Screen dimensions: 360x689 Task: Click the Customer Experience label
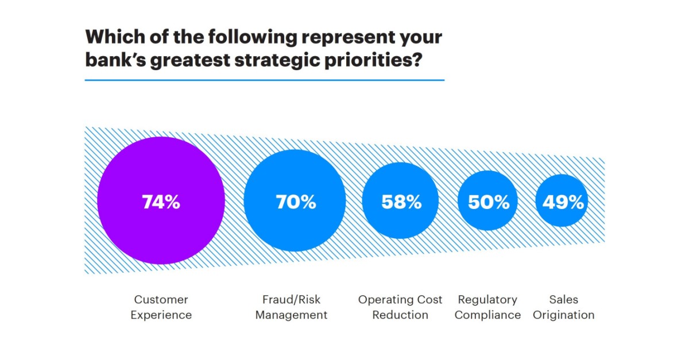pos(161,307)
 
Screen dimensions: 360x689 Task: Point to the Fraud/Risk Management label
pos(291,307)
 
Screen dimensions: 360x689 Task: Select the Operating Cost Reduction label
pos(400,307)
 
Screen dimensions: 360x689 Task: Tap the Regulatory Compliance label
pos(487,307)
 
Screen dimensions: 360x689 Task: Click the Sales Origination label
pos(563,307)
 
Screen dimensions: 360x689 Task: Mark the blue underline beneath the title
pos(264,80)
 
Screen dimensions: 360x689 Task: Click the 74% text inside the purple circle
pos(161,202)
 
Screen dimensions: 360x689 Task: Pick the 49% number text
pos(562,202)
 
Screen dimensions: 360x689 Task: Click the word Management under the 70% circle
pos(291,315)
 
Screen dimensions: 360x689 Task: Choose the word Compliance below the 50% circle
pos(487,315)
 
